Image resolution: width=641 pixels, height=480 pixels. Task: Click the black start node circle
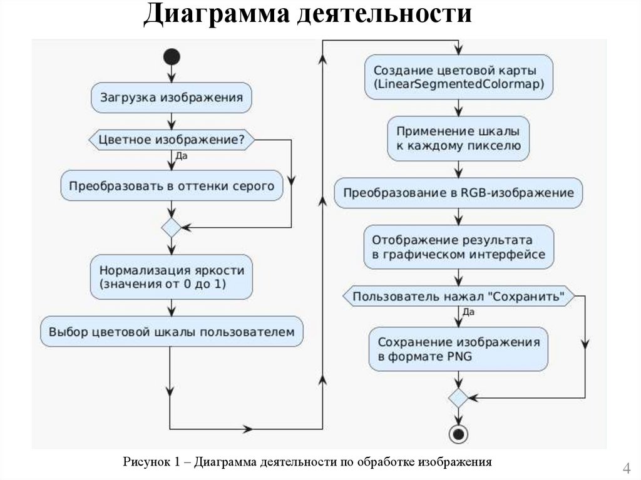[172, 57]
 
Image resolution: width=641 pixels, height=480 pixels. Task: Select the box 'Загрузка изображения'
[172, 98]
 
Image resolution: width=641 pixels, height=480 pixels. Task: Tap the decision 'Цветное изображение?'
[172, 140]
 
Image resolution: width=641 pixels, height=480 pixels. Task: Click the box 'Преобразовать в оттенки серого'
[172, 186]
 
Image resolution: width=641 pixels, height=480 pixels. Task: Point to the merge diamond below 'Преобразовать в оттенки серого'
[172, 227]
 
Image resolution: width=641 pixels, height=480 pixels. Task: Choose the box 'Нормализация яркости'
[172, 277]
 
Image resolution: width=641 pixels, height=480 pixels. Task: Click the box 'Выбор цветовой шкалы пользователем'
[172, 332]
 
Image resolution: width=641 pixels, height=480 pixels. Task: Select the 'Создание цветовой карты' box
[459, 76]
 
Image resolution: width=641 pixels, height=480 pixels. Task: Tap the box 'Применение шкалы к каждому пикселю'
[459, 138]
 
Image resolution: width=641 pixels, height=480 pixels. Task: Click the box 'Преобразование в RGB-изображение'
[459, 193]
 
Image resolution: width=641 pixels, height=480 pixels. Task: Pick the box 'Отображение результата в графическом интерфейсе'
[459, 247]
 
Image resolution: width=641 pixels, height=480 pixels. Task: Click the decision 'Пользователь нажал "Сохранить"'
[459, 295]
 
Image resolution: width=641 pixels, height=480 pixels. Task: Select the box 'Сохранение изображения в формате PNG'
[459, 349]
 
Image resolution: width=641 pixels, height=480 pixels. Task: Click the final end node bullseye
[459, 433]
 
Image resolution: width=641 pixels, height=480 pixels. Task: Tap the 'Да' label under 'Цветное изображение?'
[181, 156]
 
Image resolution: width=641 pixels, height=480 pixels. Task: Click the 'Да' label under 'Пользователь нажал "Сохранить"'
[468, 312]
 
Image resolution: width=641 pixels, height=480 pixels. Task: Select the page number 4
[625, 468]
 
